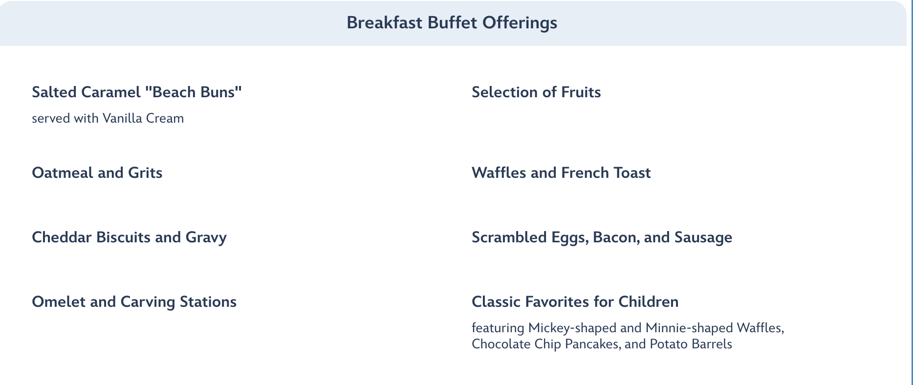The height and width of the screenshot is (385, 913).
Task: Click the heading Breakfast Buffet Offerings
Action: [452, 23]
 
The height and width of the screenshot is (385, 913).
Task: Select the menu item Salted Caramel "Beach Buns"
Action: [137, 92]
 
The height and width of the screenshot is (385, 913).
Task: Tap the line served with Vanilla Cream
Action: [108, 118]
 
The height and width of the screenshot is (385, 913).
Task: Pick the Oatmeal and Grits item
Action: [97, 172]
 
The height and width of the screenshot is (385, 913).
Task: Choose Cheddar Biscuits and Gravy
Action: [130, 237]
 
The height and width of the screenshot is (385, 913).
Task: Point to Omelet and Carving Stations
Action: [134, 302]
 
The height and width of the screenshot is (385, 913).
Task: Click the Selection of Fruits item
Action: [536, 92]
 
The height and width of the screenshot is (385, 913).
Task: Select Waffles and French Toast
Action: [561, 172]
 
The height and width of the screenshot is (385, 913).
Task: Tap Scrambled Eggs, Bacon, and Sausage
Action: [602, 237]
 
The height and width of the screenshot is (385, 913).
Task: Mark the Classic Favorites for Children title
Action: [575, 302]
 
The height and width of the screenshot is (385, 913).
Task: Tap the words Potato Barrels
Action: [691, 344]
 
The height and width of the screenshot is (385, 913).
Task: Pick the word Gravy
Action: [206, 238]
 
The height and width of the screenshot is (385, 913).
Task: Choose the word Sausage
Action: [703, 237]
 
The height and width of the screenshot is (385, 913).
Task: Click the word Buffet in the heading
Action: [452, 23]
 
